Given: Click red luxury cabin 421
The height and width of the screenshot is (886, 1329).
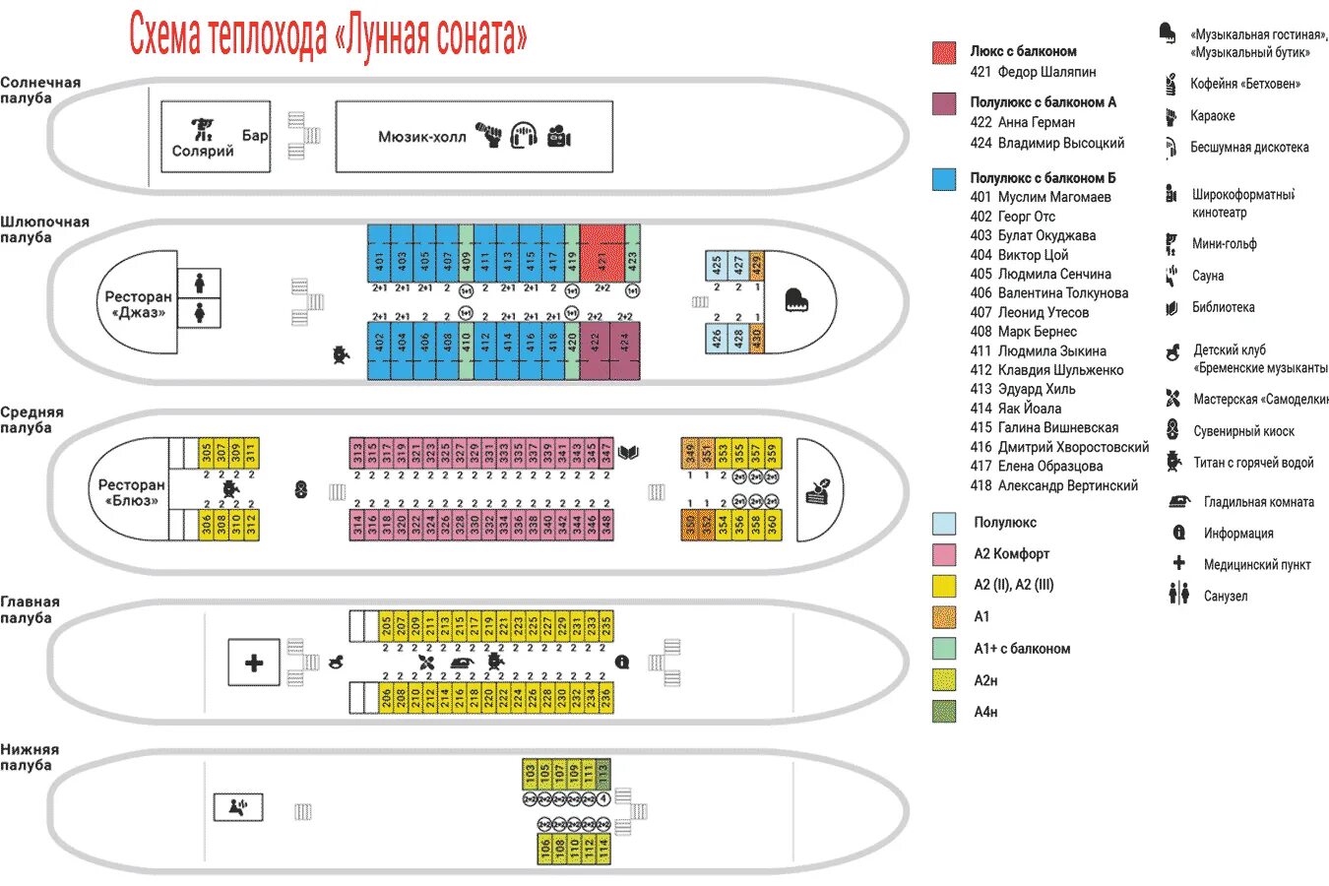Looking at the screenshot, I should tap(601, 254).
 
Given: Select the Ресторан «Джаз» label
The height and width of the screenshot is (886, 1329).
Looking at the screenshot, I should tap(138, 304).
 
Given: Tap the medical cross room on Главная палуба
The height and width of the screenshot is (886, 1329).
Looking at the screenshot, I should tap(254, 663).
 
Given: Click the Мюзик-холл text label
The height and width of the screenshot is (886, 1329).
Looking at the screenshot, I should tap(422, 137).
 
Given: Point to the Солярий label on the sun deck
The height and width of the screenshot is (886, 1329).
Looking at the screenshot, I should tap(203, 151).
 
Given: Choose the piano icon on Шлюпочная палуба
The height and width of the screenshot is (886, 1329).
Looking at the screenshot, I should tap(796, 300).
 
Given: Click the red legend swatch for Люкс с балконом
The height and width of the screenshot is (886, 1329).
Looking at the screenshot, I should tap(944, 53).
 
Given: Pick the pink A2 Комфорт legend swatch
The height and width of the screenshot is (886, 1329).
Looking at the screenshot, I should tap(944, 554).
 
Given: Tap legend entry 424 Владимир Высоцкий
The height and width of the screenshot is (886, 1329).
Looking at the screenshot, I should tap(1047, 143).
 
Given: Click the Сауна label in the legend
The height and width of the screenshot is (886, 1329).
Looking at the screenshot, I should tap(1208, 276).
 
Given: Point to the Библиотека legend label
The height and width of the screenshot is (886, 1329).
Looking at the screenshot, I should tap(1223, 307).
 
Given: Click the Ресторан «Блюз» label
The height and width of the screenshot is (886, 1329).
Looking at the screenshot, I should tap(131, 492).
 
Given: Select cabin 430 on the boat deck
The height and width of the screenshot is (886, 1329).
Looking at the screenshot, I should tap(756, 339).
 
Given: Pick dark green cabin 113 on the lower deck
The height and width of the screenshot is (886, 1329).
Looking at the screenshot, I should tap(603, 774).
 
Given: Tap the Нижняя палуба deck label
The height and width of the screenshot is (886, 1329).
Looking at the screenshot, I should tap(30, 757).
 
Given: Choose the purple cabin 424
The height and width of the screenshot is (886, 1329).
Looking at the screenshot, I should tap(624, 349).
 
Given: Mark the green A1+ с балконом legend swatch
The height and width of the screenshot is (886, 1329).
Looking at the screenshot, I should tap(944, 649).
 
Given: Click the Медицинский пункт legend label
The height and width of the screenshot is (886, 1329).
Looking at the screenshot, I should tap(1257, 564).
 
